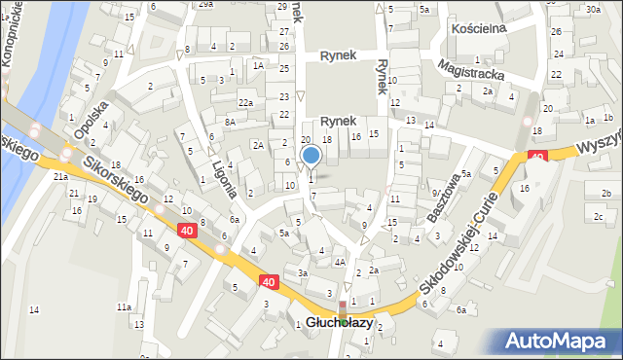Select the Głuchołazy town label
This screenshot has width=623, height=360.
pos(339,322)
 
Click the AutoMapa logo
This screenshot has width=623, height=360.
pos(559,341)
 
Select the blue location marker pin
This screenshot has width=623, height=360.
pos(311,155)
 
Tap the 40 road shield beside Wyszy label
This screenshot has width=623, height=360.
pos(536,156)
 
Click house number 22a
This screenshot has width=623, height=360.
pos(246,103)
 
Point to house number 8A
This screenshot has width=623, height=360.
pos(230,122)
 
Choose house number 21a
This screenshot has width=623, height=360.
pos(60,176)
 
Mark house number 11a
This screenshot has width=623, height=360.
pos(125,306)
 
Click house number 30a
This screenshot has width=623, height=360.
pos(592,9)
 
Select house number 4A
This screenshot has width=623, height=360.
pos(339,262)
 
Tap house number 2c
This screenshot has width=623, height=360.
pos(598,215)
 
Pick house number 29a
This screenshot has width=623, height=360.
pos(205,4)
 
